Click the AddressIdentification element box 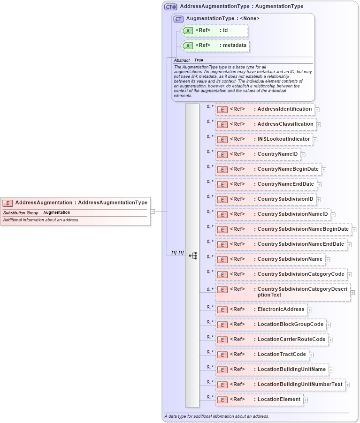(265, 109)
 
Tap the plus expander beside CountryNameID (303, 154)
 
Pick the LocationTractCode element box (261, 355)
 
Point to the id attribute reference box (214, 30)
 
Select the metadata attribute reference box (215, 45)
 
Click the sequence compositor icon (192, 256)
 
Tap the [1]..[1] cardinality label (177, 253)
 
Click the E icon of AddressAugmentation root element (8, 203)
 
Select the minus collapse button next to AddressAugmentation (153, 211)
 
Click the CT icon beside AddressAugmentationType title (170, 7)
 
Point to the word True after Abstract (199, 60)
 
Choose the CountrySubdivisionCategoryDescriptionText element (283, 292)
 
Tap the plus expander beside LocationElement (306, 400)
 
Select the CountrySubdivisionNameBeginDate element (283, 229)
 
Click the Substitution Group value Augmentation (56, 213)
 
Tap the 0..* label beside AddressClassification (210, 121)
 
